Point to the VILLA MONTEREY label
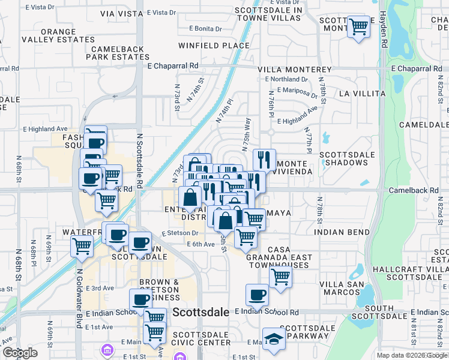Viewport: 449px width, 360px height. point(287,70)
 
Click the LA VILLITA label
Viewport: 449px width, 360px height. point(361,94)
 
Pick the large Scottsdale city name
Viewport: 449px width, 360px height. point(201,313)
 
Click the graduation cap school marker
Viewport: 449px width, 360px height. point(273,338)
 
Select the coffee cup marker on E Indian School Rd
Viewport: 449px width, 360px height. point(257,295)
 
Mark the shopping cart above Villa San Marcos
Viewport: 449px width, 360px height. point(280,277)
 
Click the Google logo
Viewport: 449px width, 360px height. point(20,353)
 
